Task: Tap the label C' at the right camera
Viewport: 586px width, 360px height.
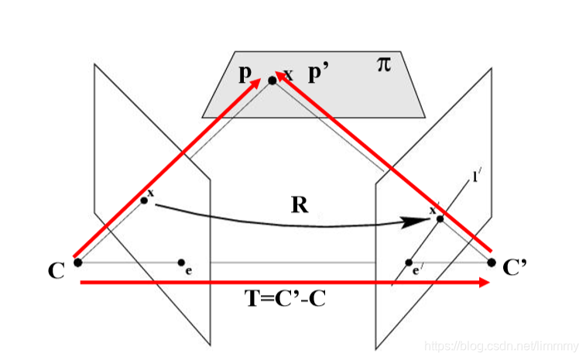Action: (x=515, y=269)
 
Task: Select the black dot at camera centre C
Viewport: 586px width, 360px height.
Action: (x=77, y=262)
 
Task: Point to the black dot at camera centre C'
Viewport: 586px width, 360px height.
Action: (x=491, y=262)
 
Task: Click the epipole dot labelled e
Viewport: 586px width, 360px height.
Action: (x=181, y=262)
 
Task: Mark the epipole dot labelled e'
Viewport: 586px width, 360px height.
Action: (x=409, y=262)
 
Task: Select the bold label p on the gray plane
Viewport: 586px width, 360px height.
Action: (x=245, y=74)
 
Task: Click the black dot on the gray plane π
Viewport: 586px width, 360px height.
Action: (x=272, y=80)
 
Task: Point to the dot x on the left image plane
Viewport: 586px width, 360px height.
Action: (x=144, y=201)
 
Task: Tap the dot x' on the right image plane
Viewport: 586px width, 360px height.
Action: (x=440, y=218)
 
